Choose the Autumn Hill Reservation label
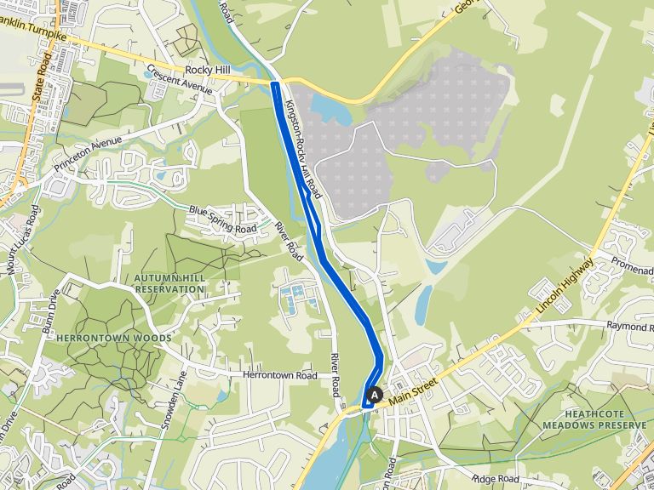pyautogui.click(x=169, y=283)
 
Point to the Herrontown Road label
pyautogui.click(x=279, y=375)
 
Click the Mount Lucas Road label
pyautogui.click(x=21, y=239)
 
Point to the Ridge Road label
pyautogui.click(x=495, y=480)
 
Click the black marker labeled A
pyautogui.click(x=373, y=395)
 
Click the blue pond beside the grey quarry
pyautogui.click(x=331, y=109)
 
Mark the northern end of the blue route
pyautogui.click(x=275, y=84)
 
